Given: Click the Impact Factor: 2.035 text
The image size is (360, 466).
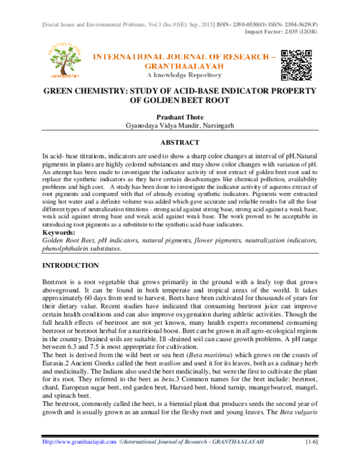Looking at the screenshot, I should pos(290,17).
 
